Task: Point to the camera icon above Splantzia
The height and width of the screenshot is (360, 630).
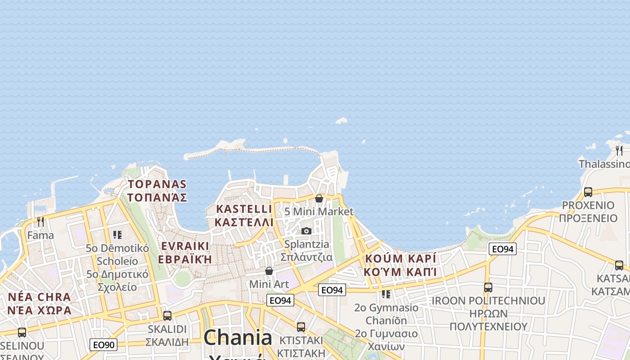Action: [x=306, y=231]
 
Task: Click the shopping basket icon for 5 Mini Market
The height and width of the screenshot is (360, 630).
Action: [x=319, y=198]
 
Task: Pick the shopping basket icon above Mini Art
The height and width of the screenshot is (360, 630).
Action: [x=269, y=271]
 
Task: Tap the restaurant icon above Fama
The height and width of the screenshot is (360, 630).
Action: [x=40, y=221]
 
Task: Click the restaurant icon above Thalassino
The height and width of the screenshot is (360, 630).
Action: [x=619, y=150]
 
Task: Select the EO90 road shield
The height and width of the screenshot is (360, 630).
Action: [x=103, y=345]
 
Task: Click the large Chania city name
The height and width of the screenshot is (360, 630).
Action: [x=238, y=338]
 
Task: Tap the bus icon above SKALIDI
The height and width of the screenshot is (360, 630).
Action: [x=167, y=316]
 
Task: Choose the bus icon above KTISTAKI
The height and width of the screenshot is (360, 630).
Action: [x=301, y=327]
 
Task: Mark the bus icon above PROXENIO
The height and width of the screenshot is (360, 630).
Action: [x=588, y=192]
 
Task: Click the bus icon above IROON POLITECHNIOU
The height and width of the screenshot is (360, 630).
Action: [x=488, y=287]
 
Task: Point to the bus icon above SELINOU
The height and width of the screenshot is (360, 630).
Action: [x=22, y=333]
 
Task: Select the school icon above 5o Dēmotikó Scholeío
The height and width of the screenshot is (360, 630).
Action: [x=117, y=234]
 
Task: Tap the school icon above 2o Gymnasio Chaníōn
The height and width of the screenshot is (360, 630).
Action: [x=386, y=294]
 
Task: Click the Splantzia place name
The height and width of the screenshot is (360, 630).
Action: [x=306, y=244]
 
